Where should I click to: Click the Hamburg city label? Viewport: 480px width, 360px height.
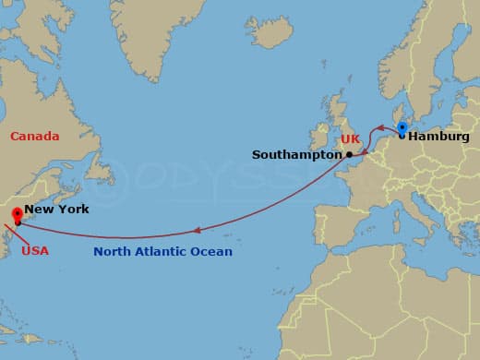click(x=438, y=137)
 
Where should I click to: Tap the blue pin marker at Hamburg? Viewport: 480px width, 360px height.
click(x=402, y=128)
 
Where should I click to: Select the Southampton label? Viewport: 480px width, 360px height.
click(x=296, y=155)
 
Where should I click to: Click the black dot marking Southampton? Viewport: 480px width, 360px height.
click(x=349, y=155)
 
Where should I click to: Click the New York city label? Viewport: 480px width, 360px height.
click(x=56, y=210)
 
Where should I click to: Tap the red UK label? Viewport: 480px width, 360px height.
click(x=350, y=139)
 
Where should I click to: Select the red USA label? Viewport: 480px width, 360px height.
click(x=34, y=250)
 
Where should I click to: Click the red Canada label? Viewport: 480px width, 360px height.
click(x=34, y=137)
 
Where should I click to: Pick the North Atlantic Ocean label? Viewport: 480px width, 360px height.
click(x=162, y=251)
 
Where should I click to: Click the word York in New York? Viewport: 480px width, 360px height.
click(x=73, y=210)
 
